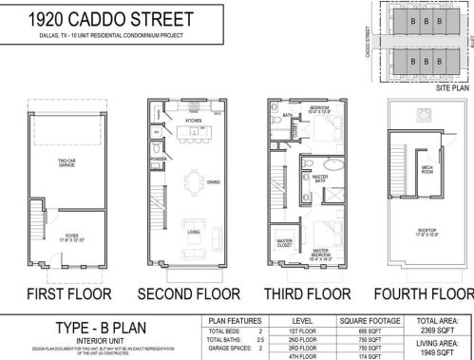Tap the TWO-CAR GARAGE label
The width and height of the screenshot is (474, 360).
click(66, 162)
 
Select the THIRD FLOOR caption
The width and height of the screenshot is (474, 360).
click(304, 291)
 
